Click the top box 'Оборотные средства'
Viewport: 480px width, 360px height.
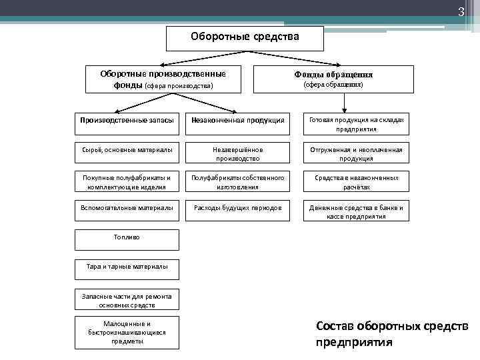click(245, 38)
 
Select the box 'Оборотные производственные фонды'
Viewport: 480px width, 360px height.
click(163, 79)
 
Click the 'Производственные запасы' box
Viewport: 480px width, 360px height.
click(127, 120)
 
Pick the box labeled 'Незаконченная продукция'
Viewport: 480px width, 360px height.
click(238, 120)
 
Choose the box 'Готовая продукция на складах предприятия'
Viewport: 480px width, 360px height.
click(356, 124)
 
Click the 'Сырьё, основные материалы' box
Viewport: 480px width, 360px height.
click(127, 150)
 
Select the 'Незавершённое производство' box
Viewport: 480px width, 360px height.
click(238, 154)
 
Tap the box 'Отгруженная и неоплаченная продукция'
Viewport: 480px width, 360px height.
click(356, 154)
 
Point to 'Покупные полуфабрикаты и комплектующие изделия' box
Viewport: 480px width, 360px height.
click(127, 183)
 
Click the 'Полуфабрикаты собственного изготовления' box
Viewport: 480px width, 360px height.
click(238, 183)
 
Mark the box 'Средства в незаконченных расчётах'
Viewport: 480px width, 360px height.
click(356, 183)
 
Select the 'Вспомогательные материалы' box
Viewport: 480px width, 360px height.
click(127, 208)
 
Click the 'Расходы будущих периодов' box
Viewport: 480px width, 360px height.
click(238, 208)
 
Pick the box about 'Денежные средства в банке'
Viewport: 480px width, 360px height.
click(356, 212)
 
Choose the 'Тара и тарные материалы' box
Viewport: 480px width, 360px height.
click(127, 267)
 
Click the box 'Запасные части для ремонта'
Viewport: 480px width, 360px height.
click(127, 300)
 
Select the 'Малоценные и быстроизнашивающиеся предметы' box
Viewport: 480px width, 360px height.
click(127, 332)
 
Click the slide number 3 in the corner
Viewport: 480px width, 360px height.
click(459, 12)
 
